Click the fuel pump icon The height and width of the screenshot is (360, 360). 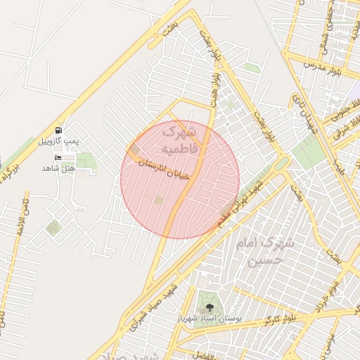click(58, 130)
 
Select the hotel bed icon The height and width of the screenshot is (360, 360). click(58, 157)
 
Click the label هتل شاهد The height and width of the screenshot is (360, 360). click(58, 168)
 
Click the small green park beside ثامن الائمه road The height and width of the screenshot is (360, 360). click(53, 228)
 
